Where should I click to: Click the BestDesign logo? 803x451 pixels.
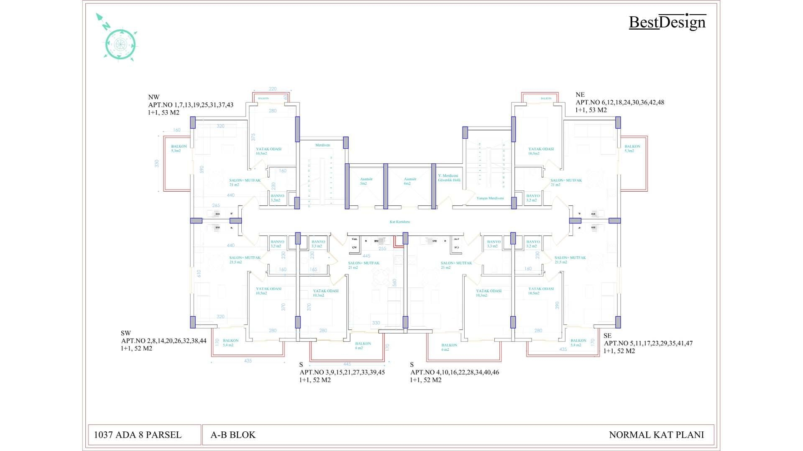667,22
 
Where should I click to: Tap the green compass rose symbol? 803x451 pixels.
120,44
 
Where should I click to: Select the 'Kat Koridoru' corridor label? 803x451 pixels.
399,222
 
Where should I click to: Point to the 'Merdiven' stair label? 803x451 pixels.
322,145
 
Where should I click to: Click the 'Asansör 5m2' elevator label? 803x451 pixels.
366,181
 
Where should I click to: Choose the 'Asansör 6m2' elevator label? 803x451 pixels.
410,181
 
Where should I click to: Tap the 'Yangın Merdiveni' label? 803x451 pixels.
490,198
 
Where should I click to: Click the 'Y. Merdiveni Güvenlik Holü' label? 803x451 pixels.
449,178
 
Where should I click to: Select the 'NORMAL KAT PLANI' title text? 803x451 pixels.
656,435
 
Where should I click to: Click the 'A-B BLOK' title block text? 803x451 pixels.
233,435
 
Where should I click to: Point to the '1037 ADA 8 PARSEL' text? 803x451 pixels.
138,435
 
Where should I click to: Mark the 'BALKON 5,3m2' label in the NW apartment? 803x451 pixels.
179,148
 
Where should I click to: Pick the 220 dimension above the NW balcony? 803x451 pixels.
273,89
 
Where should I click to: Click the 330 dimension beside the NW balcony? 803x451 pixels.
157,163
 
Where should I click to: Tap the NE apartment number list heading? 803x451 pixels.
620,102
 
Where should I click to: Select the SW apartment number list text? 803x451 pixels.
164,341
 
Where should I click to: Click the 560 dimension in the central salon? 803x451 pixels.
394,283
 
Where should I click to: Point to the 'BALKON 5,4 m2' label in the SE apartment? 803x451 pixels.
578,343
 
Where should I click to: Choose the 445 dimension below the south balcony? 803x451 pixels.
347,364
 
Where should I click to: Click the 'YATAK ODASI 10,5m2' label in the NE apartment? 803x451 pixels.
541,151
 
